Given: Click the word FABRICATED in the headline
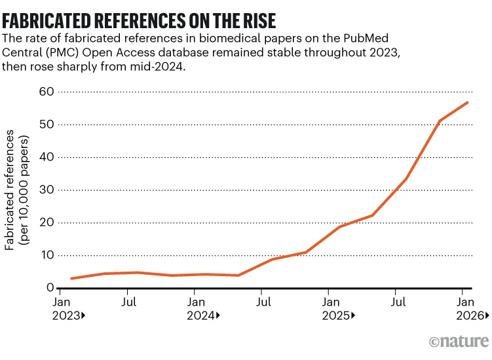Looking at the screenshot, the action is pyautogui.click(x=47, y=21).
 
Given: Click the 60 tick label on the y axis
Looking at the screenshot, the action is pyautogui.click(x=47, y=92).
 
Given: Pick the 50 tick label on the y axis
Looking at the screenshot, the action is pyautogui.click(x=47, y=124).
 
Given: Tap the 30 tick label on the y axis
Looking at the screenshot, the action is pyautogui.click(x=47, y=190).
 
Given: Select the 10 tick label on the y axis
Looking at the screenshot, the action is pyautogui.click(x=47, y=255).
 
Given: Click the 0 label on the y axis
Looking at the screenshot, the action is pyautogui.click(x=50, y=287).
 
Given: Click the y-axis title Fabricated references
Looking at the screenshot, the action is pyautogui.click(x=9, y=190).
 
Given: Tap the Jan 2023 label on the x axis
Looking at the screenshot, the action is pyautogui.click(x=68, y=308).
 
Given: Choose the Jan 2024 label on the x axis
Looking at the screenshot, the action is pyautogui.click(x=203, y=308).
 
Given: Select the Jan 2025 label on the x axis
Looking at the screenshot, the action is pyautogui.click(x=338, y=308).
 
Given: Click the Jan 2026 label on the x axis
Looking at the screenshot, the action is pyautogui.click(x=472, y=308).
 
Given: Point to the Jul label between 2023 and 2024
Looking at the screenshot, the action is pyautogui.click(x=128, y=302).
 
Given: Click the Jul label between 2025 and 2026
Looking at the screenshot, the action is pyautogui.click(x=398, y=302).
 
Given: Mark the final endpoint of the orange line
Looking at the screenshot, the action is pyautogui.click(x=468, y=103).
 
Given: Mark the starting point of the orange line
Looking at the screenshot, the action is pyautogui.click(x=72, y=278).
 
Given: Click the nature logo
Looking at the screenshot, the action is pyautogui.click(x=459, y=341).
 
